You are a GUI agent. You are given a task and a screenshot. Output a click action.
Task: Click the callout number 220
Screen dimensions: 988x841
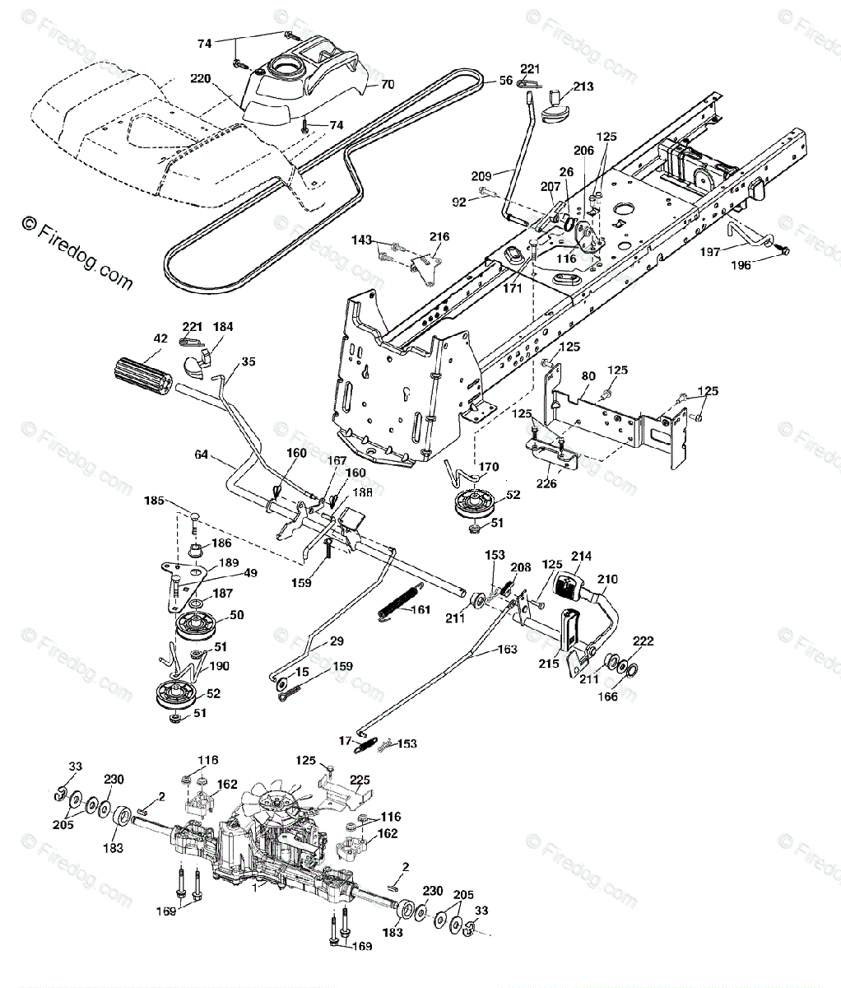[201, 80]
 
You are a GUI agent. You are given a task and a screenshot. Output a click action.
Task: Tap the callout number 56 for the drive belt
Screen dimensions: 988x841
[505, 81]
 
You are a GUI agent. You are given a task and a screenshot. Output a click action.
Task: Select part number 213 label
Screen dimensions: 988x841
[583, 86]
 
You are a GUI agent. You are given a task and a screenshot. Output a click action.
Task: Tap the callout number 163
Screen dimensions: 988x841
[508, 650]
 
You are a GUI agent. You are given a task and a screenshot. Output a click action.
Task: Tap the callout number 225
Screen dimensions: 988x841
[360, 779]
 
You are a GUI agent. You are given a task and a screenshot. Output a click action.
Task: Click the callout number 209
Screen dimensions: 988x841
[481, 175]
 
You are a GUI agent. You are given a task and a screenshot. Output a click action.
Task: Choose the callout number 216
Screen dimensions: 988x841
[439, 236]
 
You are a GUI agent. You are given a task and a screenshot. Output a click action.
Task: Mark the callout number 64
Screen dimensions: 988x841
[202, 454]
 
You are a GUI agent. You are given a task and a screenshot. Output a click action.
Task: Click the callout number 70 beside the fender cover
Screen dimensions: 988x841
[388, 83]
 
